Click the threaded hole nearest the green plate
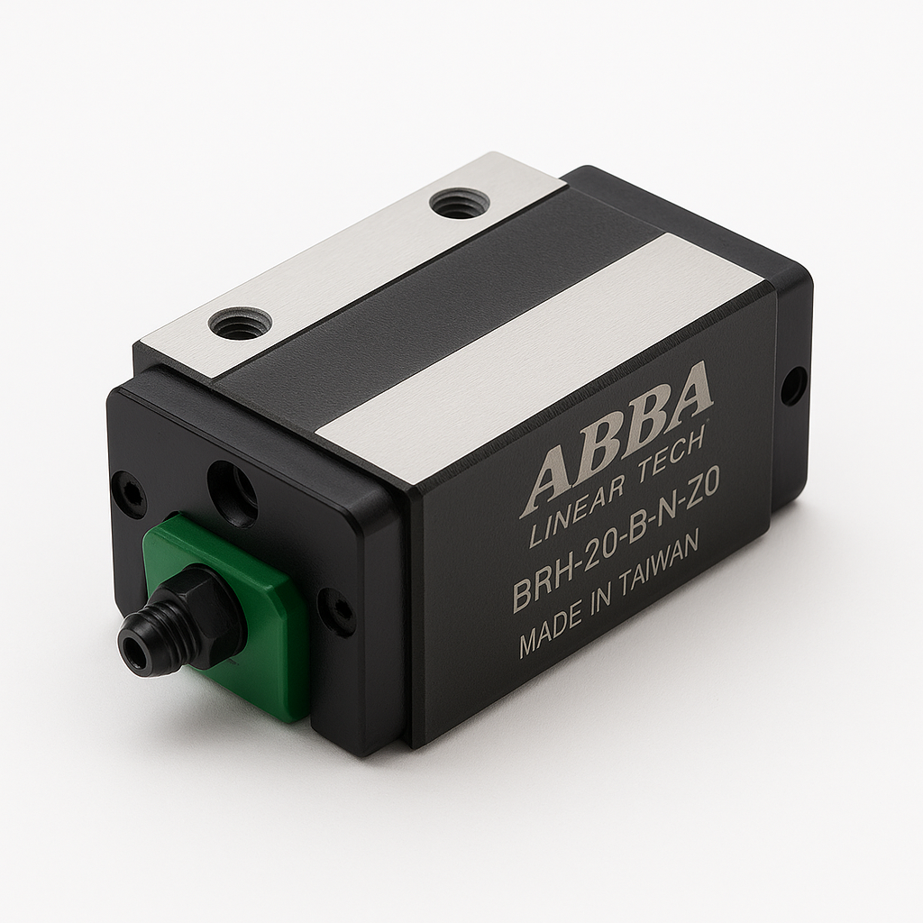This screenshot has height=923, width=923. (240, 323)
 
